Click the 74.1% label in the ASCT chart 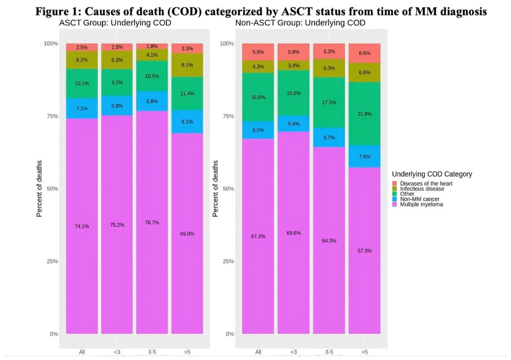(x=82, y=226)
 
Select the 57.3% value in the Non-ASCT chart (x=364, y=251)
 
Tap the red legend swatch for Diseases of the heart (x=394, y=184)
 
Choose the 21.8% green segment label (x=364, y=114)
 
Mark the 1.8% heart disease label (x=152, y=46)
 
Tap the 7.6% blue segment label (x=364, y=157)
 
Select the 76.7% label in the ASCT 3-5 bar (x=152, y=223)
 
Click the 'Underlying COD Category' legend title (x=432, y=174)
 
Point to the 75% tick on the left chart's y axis (x=52, y=116)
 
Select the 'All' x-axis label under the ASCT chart (x=82, y=352)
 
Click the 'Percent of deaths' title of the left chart (x=39, y=188)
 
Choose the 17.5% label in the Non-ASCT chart (x=329, y=103)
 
